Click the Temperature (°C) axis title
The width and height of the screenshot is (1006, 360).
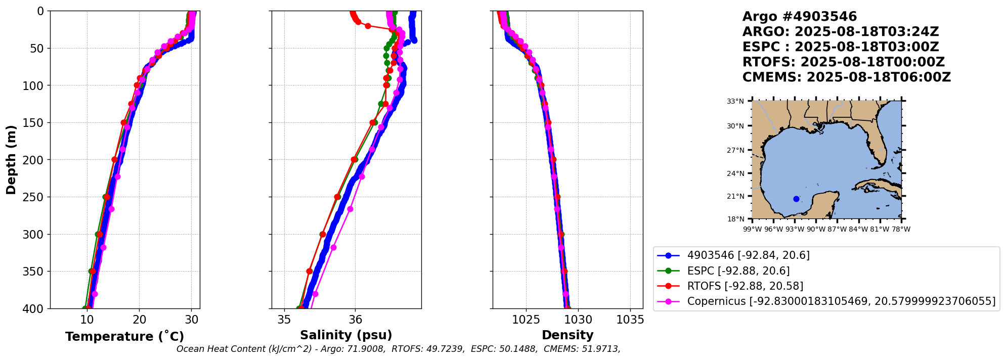(124, 337)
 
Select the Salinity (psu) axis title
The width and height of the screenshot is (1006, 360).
(346, 335)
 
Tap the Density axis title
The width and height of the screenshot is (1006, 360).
(567, 335)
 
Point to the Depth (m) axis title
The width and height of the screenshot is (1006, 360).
(11, 160)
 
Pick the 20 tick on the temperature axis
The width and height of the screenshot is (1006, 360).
(139, 320)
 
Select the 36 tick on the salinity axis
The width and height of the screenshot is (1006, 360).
(355, 320)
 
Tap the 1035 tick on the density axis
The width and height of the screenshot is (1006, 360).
(630, 320)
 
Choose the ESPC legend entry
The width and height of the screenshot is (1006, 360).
(738, 271)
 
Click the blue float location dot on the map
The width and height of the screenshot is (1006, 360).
(796, 199)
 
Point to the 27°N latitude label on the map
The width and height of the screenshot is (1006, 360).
(735, 150)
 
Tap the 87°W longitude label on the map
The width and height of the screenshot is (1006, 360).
(837, 229)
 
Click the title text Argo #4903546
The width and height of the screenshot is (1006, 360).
(799, 17)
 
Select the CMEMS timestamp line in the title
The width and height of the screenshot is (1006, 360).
(846, 77)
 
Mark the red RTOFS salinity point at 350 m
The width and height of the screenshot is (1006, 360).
(310, 271)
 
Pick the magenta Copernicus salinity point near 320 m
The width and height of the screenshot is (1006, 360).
(333, 247)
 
